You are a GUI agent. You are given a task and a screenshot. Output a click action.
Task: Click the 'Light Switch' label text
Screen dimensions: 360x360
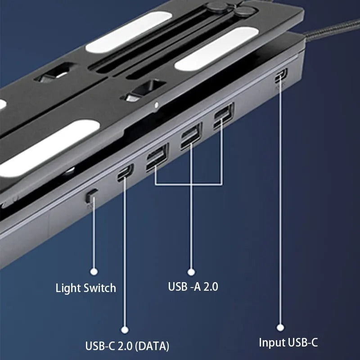[85, 288]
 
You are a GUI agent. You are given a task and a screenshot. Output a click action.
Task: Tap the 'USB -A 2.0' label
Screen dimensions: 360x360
[193, 286]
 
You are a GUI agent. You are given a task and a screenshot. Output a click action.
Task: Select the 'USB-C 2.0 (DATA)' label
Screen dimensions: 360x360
[127, 346]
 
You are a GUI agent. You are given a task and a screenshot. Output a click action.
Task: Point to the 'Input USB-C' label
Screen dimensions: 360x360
[288, 342]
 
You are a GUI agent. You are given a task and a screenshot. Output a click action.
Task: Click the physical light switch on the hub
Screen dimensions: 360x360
[91, 195]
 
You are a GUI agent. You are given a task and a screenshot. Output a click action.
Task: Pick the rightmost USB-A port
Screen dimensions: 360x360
[223, 116]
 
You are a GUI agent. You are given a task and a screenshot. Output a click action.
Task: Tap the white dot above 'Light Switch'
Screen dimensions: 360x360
[94, 271]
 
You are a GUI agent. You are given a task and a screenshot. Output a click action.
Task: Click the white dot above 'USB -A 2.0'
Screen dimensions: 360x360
[191, 272]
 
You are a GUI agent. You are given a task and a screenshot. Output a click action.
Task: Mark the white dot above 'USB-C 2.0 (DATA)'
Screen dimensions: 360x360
[125, 330]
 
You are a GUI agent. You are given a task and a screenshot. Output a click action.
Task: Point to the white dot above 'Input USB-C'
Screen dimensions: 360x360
[280, 328]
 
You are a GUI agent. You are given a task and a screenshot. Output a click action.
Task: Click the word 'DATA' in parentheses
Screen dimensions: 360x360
[153, 346]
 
